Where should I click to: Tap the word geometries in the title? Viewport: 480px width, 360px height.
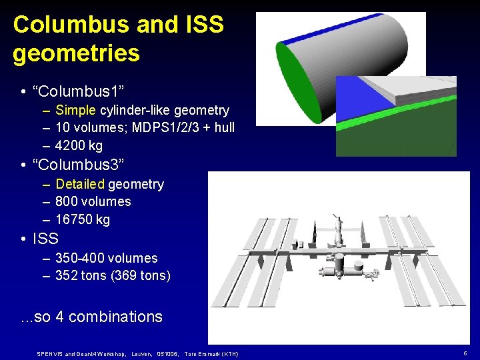tap(76, 53)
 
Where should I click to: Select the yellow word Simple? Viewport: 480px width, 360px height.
tap(77, 110)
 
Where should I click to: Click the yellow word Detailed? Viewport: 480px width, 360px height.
tap(80, 184)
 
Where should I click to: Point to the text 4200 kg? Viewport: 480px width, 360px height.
tap(79, 145)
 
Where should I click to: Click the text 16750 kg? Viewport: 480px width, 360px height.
tap(83, 219)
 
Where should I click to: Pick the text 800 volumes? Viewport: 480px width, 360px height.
tap(93, 201)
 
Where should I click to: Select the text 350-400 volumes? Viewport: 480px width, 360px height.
tap(107, 258)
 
